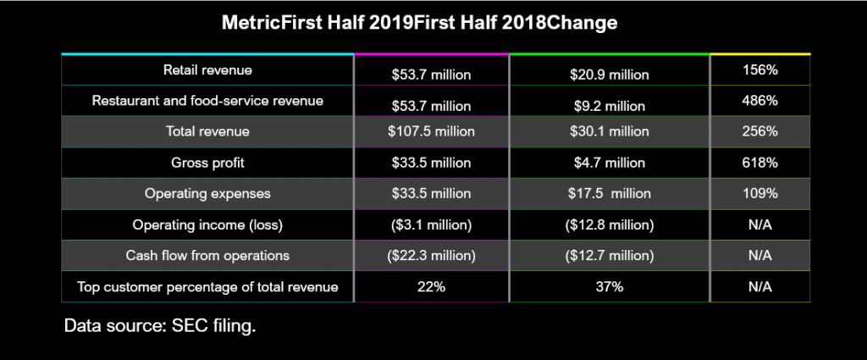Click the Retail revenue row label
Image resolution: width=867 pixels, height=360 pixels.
click(x=207, y=69)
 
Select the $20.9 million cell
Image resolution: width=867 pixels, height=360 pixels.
click(x=609, y=75)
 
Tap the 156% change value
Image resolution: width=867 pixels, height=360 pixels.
click(x=759, y=70)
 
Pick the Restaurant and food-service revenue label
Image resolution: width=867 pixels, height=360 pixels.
click(x=207, y=101)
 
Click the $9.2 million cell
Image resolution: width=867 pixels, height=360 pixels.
click(x=609, y=106)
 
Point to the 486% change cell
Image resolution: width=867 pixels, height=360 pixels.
click(x=759, y=101)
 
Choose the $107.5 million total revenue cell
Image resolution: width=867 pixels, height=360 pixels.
click(x=431, y=131)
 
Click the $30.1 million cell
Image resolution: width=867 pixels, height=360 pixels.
click(x=609, y=131)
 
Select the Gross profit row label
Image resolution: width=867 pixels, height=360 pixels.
click(x=207, y=162)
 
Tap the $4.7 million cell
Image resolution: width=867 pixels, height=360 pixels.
click(x=609, y=162)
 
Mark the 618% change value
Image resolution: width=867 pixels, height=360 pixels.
click(x=759, y=162)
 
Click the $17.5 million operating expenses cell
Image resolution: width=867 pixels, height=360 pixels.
click(x=609, y=193)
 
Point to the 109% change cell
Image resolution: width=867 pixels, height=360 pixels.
click(x=759, y=193)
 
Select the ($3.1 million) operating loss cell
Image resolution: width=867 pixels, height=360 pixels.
click(x=431, y=224)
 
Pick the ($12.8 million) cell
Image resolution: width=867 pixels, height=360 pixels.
click(x=609, y=224)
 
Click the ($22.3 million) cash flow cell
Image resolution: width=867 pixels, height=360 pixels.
click(x=431, y=256)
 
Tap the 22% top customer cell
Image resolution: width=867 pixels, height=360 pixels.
click(x=431, y=287)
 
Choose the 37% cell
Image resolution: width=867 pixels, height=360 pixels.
click(x=609, y=287)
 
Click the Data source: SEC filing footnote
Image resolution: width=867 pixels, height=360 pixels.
click(x=160, y=325)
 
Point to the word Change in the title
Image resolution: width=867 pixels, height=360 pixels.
click(x=582, y=23)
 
